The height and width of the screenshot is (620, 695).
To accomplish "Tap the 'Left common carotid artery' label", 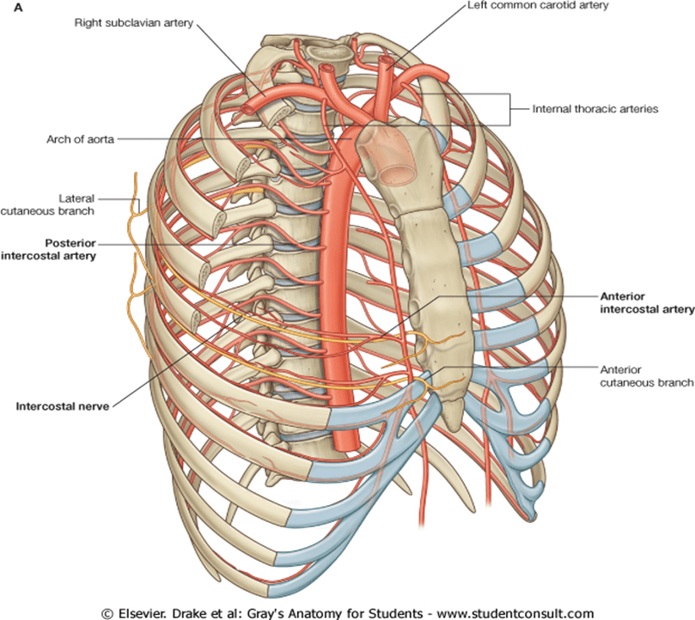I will [538, 5].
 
